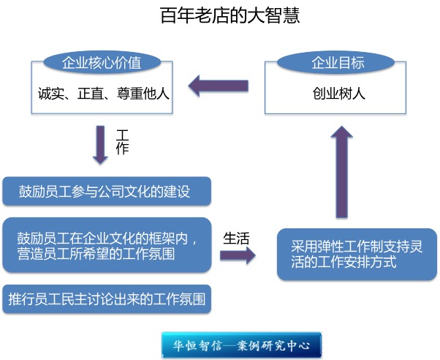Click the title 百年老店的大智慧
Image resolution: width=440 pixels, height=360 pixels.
coord(230,15)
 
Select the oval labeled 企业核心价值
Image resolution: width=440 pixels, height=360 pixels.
coord(102,62)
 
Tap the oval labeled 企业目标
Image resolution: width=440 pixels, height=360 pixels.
coord(336,62)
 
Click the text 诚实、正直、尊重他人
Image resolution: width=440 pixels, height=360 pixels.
coord(104,94)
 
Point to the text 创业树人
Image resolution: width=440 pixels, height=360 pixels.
coord(338,94)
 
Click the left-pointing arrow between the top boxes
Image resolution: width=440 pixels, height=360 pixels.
coord(219,86)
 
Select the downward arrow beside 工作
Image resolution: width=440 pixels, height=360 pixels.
coord(100,145)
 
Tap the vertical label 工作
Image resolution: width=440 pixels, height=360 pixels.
coord(122,142)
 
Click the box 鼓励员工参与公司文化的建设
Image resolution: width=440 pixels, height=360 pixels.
coord(107,191)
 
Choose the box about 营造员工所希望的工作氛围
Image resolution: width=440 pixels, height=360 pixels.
coord(107,245)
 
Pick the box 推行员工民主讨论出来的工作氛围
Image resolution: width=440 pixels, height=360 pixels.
coord(107,299)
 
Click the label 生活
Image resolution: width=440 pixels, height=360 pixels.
coord(236,239)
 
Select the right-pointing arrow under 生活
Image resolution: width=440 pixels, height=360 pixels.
coord(238,255)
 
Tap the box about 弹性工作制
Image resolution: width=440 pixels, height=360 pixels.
coord(357,255)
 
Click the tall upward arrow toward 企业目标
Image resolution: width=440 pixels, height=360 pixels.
coord(341,172)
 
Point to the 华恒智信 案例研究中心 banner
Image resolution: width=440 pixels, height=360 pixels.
coord(241,345)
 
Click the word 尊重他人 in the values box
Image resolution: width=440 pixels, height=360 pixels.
coord(143,94)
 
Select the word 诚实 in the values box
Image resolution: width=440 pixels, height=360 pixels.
coord(51,94)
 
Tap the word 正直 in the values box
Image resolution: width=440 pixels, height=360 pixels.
coord(91,94)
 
